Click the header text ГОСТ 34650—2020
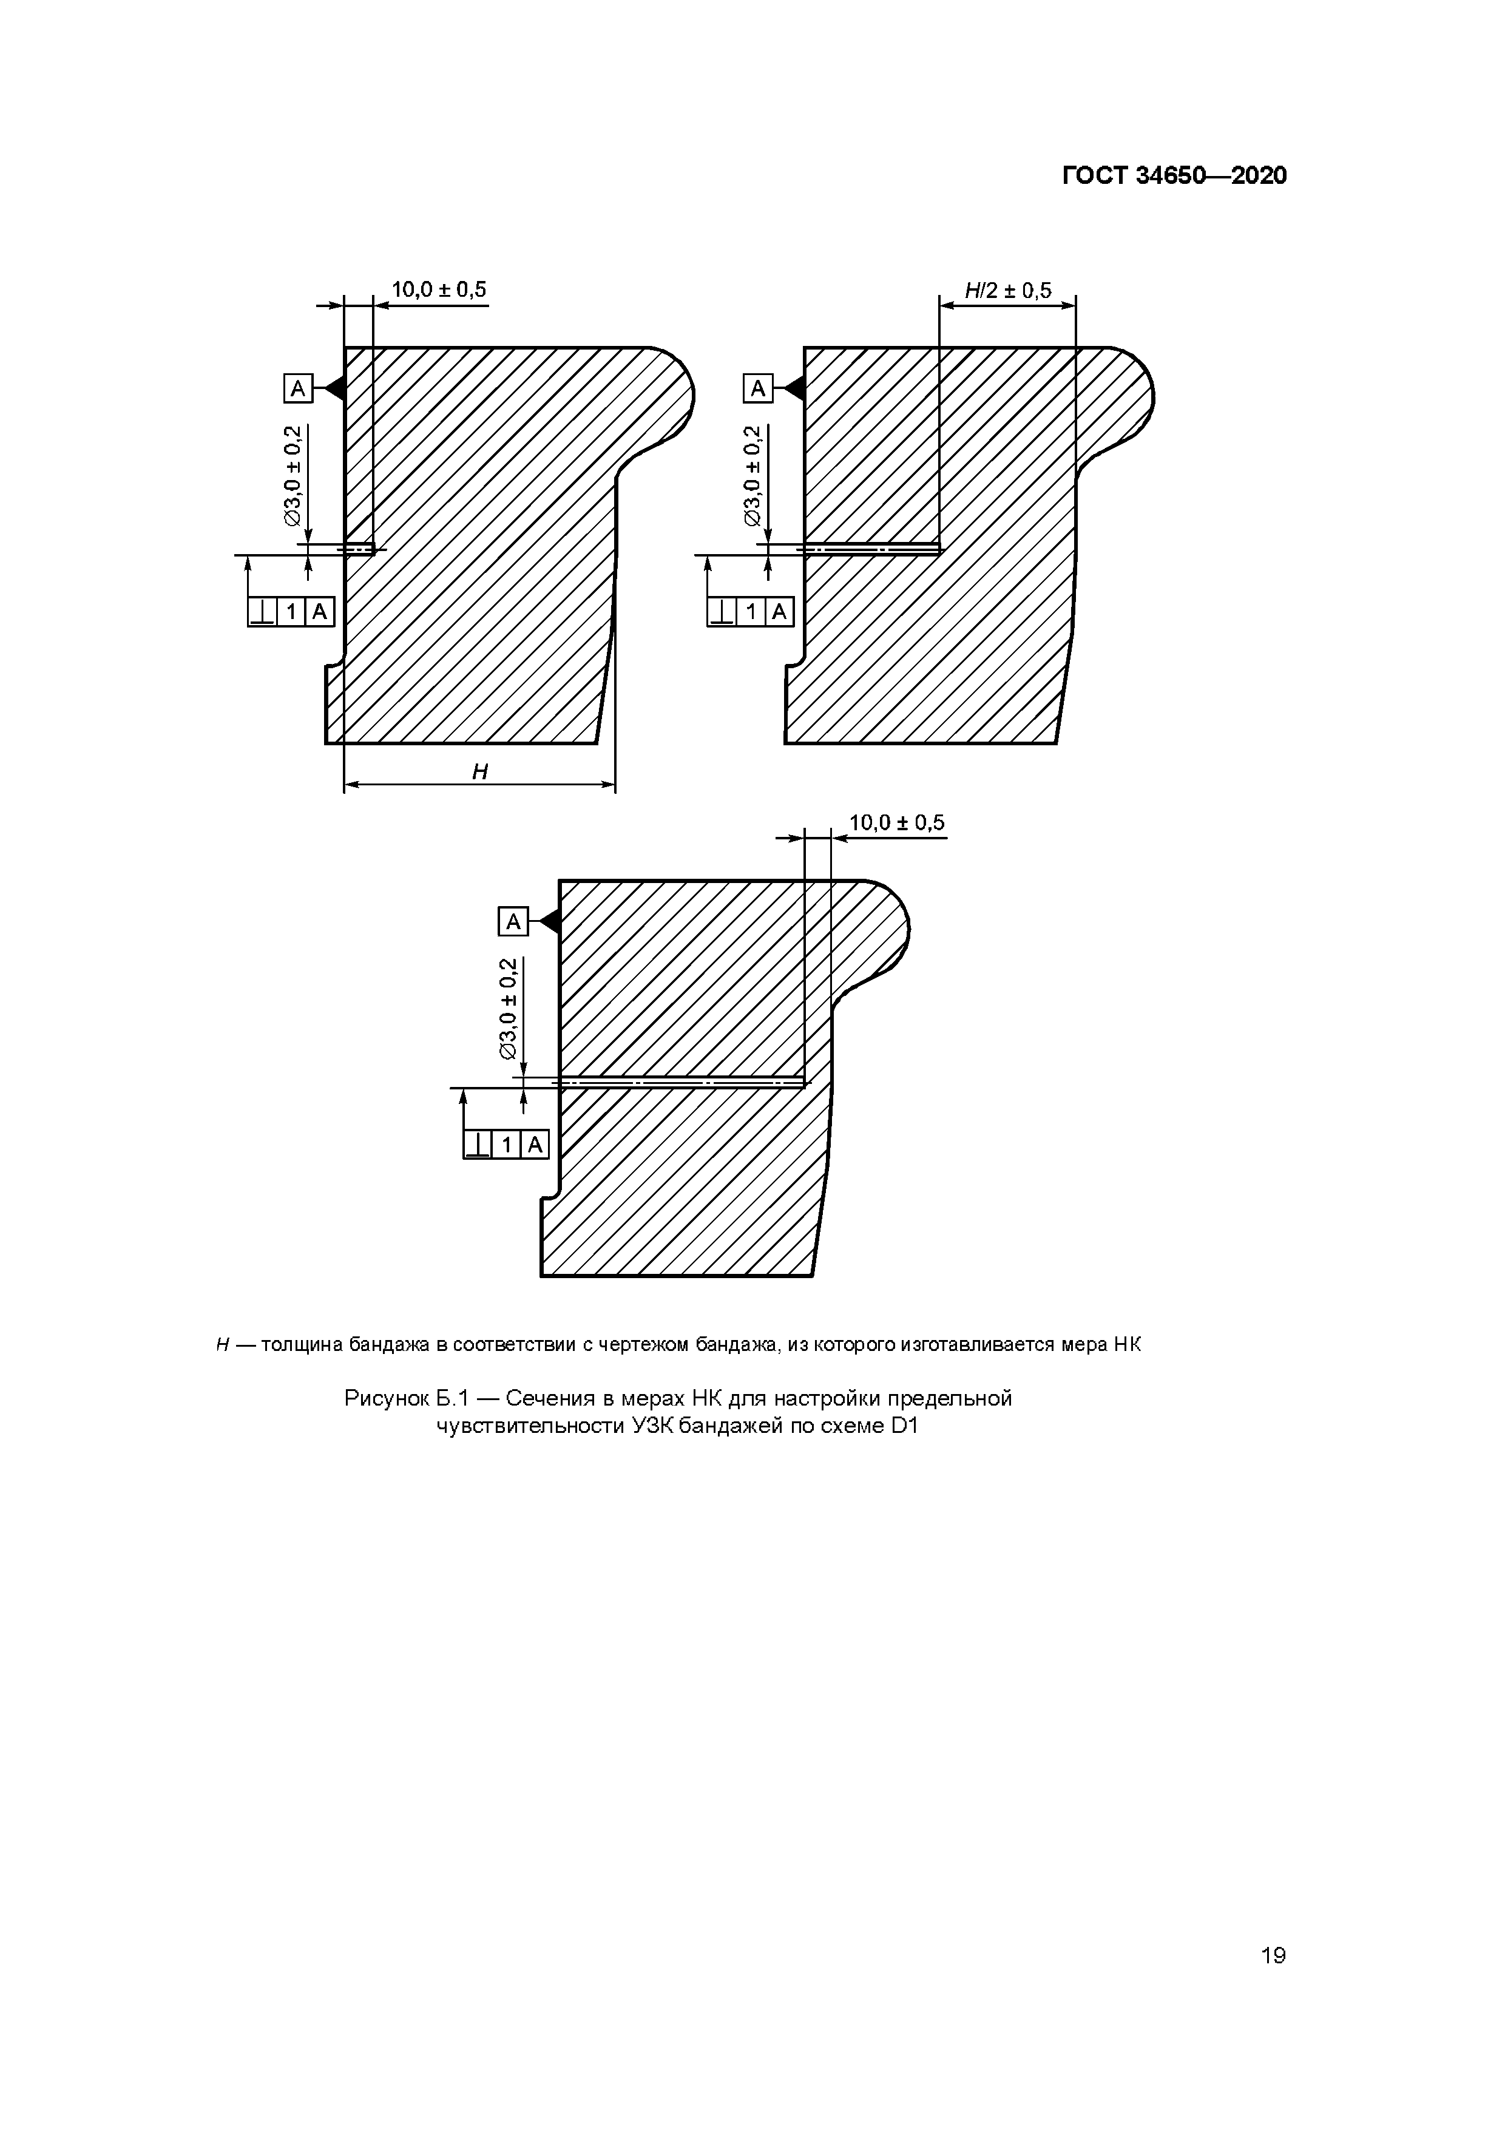(x=1174, y=175)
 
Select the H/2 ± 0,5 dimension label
(x=1008, y=291)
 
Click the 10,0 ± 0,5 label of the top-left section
(x=439, y=289)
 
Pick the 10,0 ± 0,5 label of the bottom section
(x=897, y=822)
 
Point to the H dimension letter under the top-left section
(x=479, y=771)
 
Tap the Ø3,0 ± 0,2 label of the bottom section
(x=508, y=1009)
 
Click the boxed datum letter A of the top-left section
(x=297, y=388)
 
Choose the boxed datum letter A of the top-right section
(x=757, y=388)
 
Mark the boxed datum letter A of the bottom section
(x=513, y=922)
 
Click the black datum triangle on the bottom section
(x=549, y=922)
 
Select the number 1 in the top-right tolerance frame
(x=751, y=612)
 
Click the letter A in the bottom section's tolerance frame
(x=535, y=1145)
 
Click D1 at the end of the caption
(x=903, y=1426)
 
